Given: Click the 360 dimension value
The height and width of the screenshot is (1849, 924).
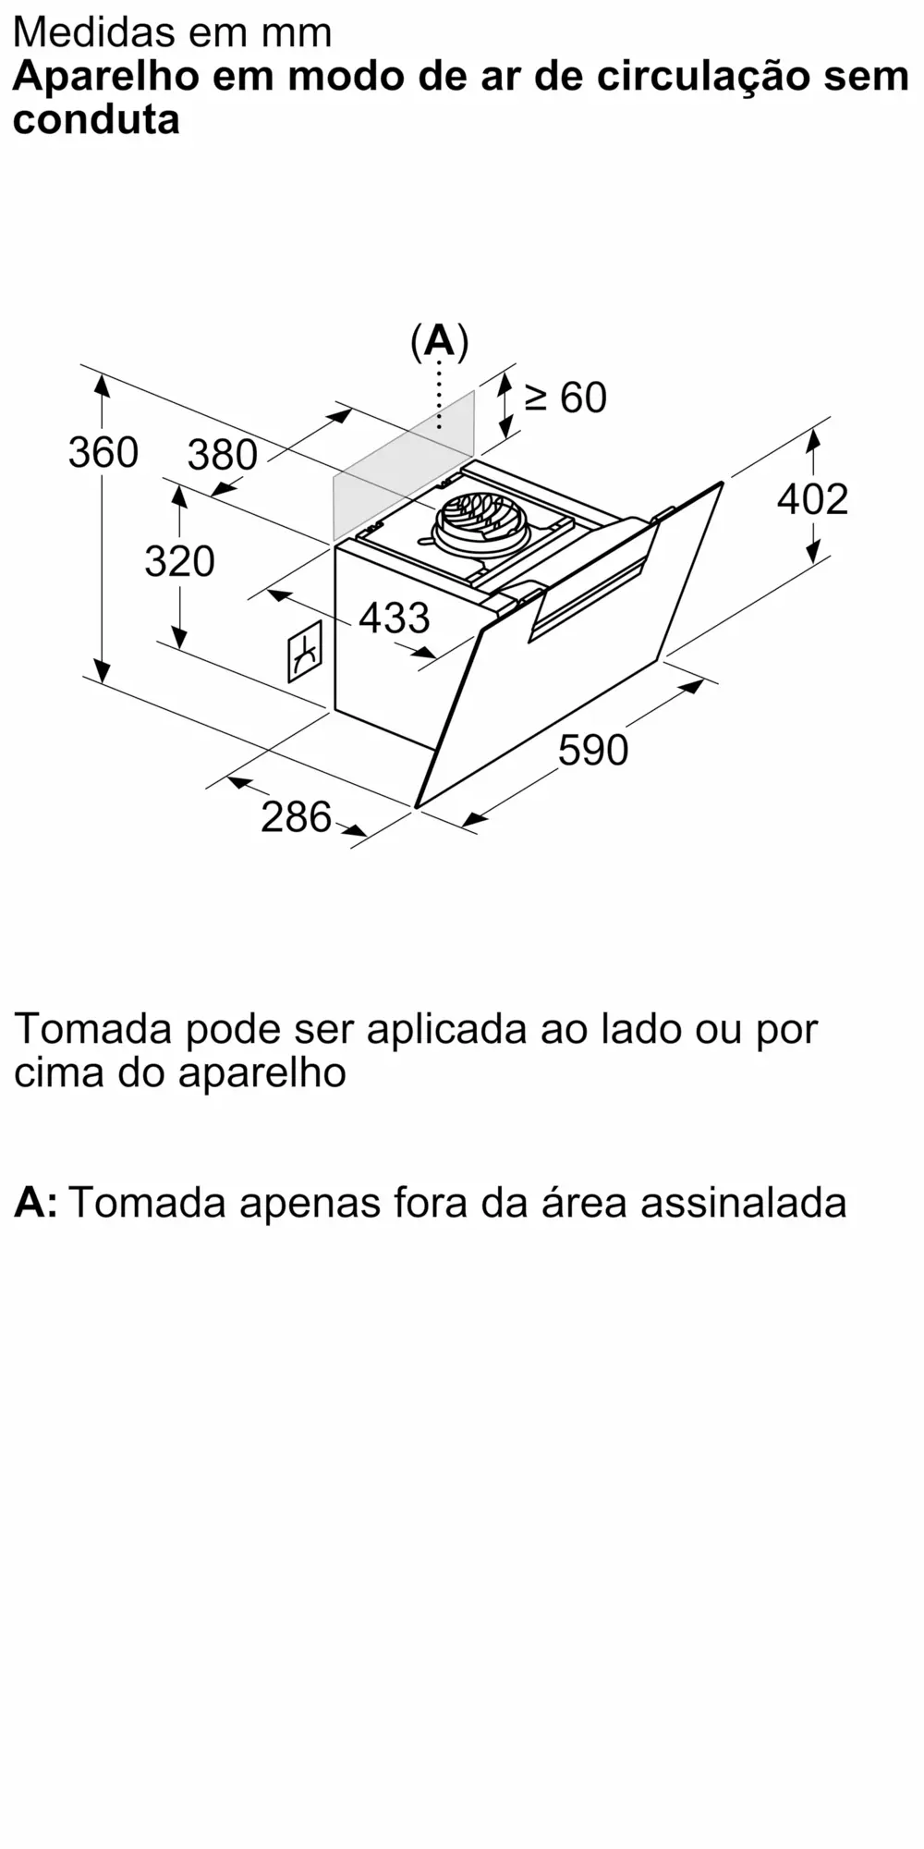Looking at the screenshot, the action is tap(103, 453).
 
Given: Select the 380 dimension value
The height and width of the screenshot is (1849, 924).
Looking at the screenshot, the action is tap(222, 455).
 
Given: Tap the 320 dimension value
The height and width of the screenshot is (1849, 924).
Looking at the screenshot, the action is tap(179, 561).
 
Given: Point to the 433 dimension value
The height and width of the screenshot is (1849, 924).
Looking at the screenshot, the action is tap(395, 618).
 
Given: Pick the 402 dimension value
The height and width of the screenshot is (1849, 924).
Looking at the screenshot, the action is tap(812, 499).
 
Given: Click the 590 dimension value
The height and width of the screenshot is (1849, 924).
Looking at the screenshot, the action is tap(593, 750).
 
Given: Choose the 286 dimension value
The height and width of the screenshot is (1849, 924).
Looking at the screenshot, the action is tap(296, 817).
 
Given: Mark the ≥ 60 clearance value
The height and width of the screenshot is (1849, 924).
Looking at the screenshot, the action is tap(565, 398).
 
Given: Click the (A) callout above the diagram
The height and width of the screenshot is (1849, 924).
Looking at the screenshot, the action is tap(439, 342).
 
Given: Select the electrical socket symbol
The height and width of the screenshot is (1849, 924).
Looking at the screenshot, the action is tap(305, 652).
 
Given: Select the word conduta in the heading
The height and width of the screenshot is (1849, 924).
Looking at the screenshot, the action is tap(96, 120).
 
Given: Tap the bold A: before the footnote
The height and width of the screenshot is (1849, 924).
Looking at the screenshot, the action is tap(35, 1203).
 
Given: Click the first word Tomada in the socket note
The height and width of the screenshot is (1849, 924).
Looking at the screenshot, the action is tap(93, 1029).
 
